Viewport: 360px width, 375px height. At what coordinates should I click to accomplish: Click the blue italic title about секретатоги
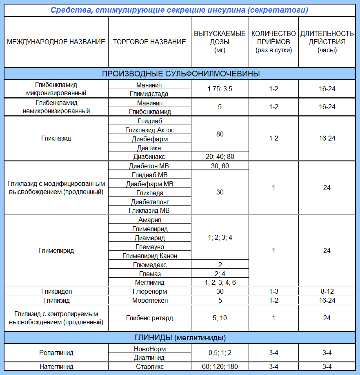click(x=180, y=9)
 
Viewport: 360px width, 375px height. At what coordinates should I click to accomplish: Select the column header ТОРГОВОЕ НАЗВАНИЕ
click(x=149, y=42)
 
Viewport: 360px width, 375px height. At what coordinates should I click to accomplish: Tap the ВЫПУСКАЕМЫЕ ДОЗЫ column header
click(x=220, y=42)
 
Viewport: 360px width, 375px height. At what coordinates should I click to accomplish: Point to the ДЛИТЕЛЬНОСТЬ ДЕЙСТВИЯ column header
click(x=327, y=42)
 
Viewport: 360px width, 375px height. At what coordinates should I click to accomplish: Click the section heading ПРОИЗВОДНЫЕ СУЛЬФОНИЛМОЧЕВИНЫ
click(x=181, y=74)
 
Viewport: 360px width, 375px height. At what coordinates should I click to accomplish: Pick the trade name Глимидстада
click(x=149, y=94)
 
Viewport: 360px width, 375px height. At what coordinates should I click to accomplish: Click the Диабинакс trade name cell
click(x=149, y=156)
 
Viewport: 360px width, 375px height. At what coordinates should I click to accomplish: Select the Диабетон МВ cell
click(x=149, y=166)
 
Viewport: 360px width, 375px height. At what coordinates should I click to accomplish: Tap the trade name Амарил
click(x=149, y=220)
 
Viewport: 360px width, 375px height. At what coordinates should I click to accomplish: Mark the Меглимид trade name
click(x=149, y=283)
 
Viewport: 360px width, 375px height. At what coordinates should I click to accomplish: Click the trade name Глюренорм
click(x=149, y=292)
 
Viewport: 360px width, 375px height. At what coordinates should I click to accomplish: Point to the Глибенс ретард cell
click(x=149, y=318)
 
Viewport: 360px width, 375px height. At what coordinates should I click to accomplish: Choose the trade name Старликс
click(x=149, y=366)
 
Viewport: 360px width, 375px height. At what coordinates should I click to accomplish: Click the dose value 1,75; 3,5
click(x=220, y=89)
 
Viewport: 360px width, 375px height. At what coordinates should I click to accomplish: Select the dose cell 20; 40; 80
click(x=220, y=156)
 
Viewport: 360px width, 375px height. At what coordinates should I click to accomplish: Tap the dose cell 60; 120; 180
click(x=220, y=366)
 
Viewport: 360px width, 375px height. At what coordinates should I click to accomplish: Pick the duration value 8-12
click(x=327, y=292)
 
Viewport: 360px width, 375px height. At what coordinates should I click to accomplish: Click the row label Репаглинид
click(x=56, y=353)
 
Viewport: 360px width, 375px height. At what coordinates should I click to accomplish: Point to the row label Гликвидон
click(x=56, y=292)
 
